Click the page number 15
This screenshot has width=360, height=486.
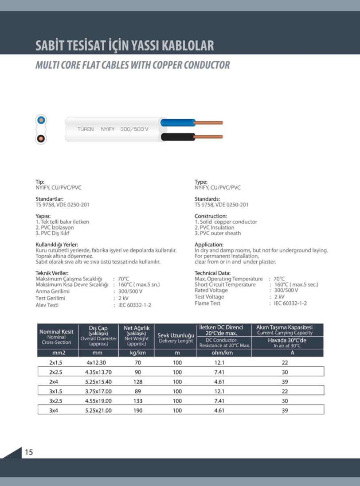28,452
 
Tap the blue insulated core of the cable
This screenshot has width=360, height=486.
177,123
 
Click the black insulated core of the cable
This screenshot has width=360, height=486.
177,137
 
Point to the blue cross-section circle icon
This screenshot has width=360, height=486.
41,120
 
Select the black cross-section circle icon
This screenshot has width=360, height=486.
41,138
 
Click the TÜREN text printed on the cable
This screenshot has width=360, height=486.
86,129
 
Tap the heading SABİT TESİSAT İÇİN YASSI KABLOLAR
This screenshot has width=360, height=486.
125,46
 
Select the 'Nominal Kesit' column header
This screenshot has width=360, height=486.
56,331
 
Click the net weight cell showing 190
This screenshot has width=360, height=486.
138,411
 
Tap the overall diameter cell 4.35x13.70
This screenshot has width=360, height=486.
98,372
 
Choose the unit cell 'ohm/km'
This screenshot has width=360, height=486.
223,353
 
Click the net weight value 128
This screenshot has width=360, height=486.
138,382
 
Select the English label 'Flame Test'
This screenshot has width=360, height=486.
207,303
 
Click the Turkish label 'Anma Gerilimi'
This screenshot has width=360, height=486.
52,292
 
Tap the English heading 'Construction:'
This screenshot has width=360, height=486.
211,216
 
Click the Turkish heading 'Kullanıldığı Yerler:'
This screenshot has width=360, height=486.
57,245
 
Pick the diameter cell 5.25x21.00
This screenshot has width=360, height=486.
98,411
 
